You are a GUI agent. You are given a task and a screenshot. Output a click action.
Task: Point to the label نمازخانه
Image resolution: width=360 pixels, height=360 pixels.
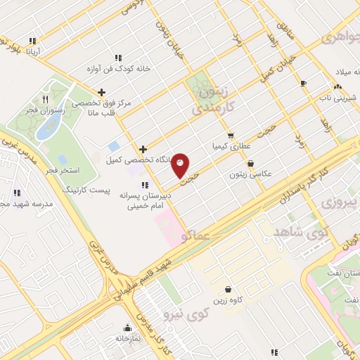coord(127,338)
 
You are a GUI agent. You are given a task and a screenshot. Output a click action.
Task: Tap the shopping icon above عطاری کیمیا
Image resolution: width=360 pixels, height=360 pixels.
coord(230,136)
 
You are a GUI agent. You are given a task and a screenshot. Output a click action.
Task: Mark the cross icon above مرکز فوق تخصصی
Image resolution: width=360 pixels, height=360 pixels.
coord(102,92)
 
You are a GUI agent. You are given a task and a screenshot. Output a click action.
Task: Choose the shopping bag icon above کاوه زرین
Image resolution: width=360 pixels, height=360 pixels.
coord(228,289)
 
